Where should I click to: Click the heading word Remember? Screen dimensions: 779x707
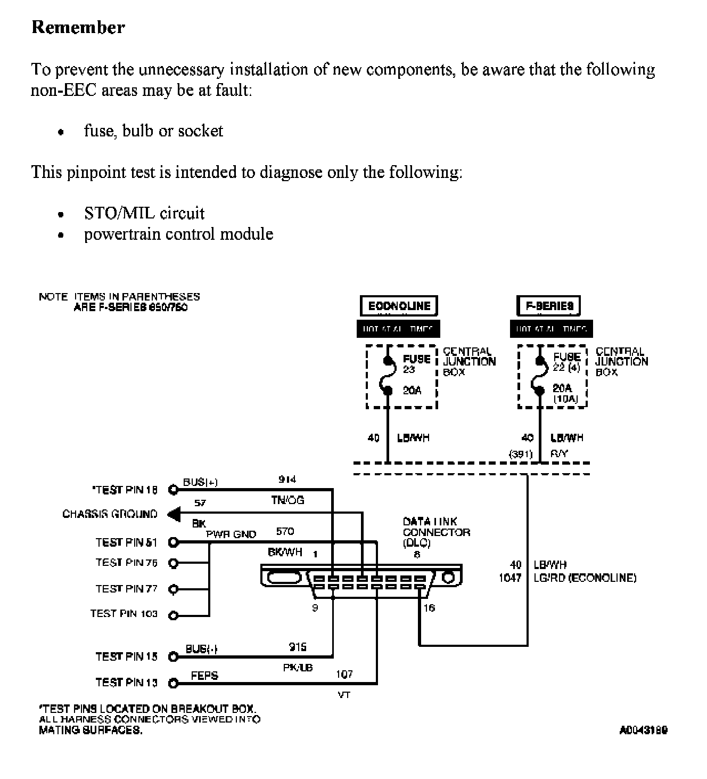(78, 27)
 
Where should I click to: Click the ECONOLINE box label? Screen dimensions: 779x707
(399, 306)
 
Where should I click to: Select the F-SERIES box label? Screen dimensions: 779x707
(549, 306)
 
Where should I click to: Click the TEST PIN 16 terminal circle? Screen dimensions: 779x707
(172, 489)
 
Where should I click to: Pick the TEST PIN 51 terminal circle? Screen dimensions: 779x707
(172, 542)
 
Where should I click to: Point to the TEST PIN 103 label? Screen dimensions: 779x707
(124, 614)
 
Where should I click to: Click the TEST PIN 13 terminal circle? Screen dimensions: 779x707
(172, 683)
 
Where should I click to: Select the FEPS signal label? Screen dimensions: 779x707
(204, 676)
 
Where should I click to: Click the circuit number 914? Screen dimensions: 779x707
(287, 480)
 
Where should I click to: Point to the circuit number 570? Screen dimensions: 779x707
(285, 531)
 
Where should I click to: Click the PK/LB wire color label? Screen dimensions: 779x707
(298, 667)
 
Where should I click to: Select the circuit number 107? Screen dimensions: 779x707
(344, 675)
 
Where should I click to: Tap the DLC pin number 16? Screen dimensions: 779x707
(429, 608)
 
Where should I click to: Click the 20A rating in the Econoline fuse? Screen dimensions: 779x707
(412, 391)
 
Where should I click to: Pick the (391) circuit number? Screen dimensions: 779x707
(521, 455)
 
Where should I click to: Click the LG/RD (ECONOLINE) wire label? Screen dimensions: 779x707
(585, 578)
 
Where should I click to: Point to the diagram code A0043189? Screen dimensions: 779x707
(643, 730)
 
